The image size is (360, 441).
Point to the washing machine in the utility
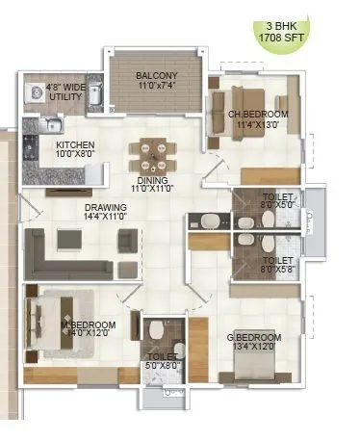tap(35, 94)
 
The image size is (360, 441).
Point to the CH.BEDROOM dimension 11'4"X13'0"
tap(254, 124)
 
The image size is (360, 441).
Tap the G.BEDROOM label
tap(256, 337)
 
